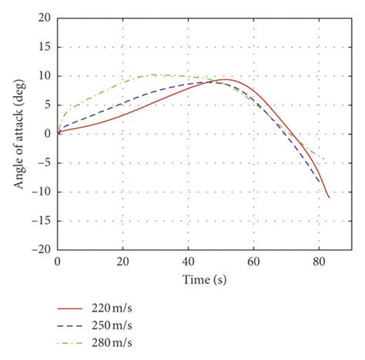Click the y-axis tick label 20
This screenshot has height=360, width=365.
click(45, 18)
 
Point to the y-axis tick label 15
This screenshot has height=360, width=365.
click(45, 47)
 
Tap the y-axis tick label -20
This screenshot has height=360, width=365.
click(42, 250)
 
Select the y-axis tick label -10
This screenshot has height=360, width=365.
click(42, 192)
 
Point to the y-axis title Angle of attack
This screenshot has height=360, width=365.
click(18, 133)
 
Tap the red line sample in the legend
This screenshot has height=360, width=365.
click(74, 307)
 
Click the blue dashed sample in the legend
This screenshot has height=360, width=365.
click(74, 324)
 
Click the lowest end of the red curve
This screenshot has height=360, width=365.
click(329, 197)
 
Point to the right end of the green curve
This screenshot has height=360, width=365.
click(324, 160)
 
